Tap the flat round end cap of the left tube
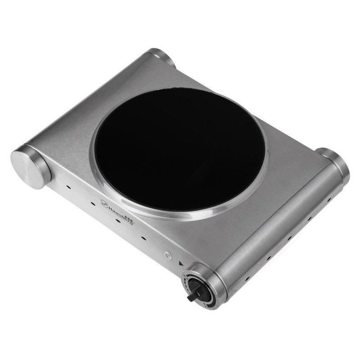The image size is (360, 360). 28,166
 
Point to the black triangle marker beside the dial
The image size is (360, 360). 180,265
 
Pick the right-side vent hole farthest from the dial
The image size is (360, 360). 329,198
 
